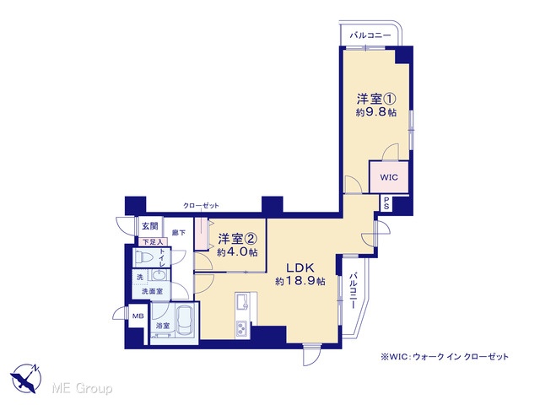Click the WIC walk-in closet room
pos(389,177)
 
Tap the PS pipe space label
pos(386,202)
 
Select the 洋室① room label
pos(375,100)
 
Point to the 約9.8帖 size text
pos(375,112)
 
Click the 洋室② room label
pos(238,238)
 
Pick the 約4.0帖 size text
pos(237,252)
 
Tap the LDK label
pos(300,267)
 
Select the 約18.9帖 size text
pos(300,281)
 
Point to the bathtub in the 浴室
pos(186,321)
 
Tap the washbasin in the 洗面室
pos(159,276)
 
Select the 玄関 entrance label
pos(150,226)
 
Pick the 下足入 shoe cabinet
pos(153,242)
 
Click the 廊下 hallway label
pos(179,233)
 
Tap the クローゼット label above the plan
pos(201,206)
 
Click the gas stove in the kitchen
pos(241,329)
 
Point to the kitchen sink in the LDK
pos(243,303)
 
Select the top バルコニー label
pos(370,35)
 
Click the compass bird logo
pos(25,377)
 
